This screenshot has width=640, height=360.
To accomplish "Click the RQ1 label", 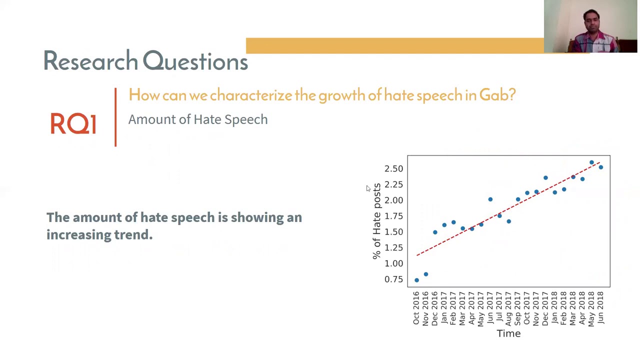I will point(73,123).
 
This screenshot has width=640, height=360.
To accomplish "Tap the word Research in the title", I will point(90,61).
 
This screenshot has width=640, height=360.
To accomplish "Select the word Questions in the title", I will point(195,61).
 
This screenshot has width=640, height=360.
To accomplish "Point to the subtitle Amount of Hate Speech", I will point(198,119).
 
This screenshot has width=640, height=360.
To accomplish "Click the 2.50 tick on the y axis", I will point(393,169).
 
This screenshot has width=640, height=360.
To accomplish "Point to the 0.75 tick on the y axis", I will point(393,279).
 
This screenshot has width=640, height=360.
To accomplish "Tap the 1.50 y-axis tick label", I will point(393,232).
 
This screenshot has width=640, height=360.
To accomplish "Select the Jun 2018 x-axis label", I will point(600,308).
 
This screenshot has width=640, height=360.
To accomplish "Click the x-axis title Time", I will point(508,333).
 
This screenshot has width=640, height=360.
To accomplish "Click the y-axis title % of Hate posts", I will point(376,221).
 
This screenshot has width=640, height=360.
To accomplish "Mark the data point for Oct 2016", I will point(416,280).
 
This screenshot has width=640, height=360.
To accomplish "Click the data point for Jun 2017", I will point(490,199).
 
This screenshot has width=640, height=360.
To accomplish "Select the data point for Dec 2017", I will point(545,177).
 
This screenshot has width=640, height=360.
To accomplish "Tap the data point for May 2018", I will point(591,162).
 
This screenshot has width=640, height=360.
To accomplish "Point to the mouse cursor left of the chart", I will point(367,188).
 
